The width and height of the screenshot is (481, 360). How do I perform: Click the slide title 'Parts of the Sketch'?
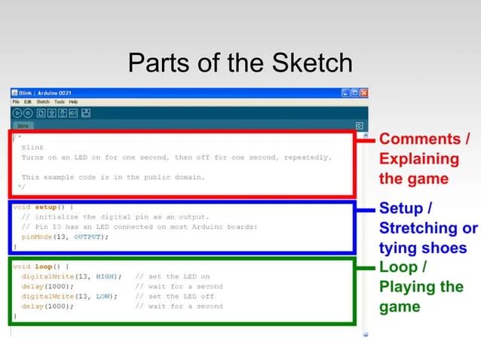point(240,63)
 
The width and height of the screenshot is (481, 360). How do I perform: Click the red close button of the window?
point(364,93)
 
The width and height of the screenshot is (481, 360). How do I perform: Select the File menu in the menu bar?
point(16,102)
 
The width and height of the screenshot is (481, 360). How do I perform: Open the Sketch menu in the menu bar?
point(43,102)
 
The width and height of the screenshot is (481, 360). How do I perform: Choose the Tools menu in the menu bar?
point(59,102)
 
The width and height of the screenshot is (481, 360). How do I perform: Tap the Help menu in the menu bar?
point(73,102)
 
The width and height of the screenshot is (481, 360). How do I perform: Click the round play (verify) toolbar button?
point(17,113)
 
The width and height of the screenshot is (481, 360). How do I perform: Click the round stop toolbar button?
point(28,113)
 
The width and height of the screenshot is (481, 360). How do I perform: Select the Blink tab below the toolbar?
point(23,126)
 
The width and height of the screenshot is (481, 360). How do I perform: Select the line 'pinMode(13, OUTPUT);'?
point(65,236)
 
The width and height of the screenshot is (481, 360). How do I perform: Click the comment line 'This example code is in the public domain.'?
point(113,178)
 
